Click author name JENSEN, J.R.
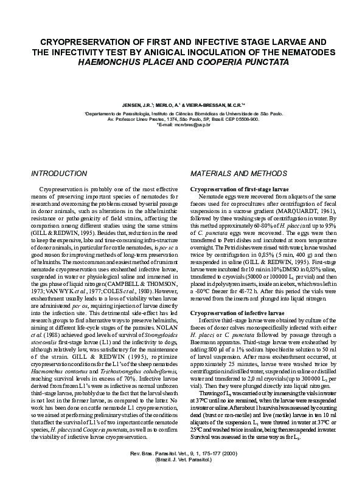point(137,104)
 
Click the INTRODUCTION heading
point(59,174)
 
